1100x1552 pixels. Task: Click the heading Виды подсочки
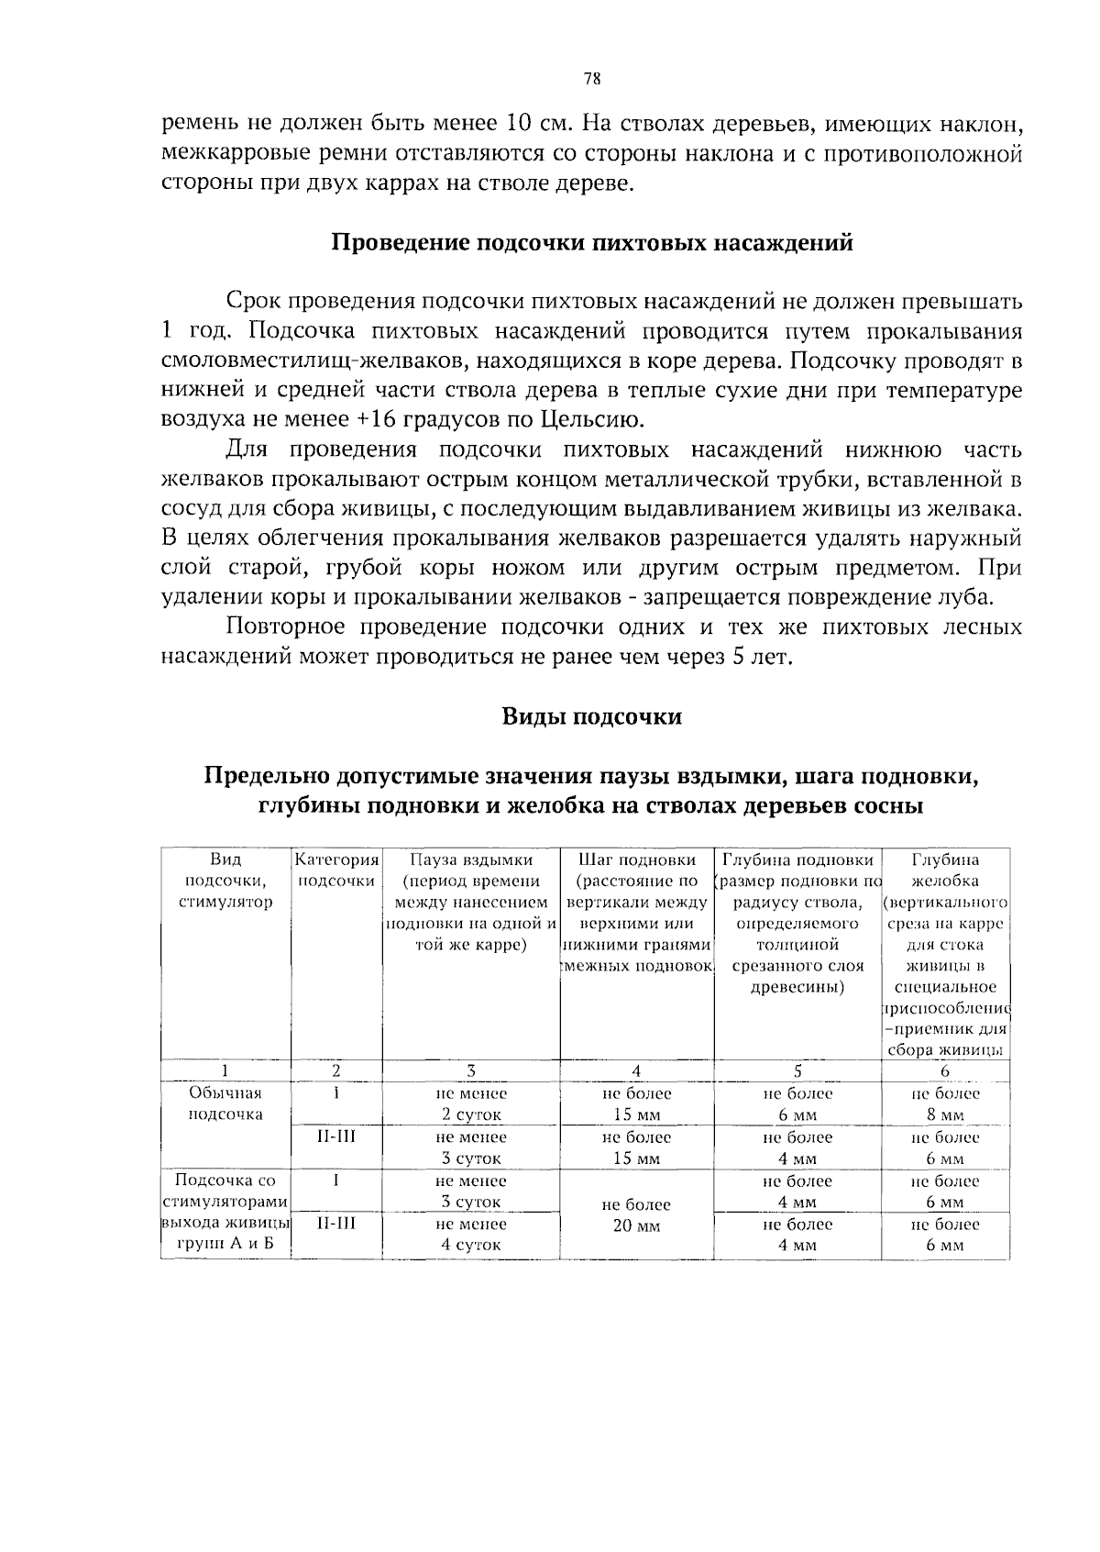pyautogui.click(x=591, y=716)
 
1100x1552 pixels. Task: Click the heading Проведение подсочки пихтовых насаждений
pyautogui.click(x=591, y=243)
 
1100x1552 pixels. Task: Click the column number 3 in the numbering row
pyautogui.click(x=471, y=1070)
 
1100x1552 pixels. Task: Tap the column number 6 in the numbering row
pyautogui.click(x=945, y=1070)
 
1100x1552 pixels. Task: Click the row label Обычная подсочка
pyautogui.click(x=225, y=1103)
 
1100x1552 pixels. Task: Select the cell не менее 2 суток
pyautogui.click(x=471, y=1104)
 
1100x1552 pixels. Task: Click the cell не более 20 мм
pyautogui.click(x=637, y=1214)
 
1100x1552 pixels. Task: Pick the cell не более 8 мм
pyautogui.click(x=945, y=1104)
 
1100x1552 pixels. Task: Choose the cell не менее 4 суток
pyautogui.click(x=471, y=1235)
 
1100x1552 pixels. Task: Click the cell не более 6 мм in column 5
pyautogui.click(x=797, y=1104)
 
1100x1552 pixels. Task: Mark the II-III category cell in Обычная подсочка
pyautogui.click(x=336, y=1137)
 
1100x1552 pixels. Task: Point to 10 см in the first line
pyautogui.click(x=533, y=123)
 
